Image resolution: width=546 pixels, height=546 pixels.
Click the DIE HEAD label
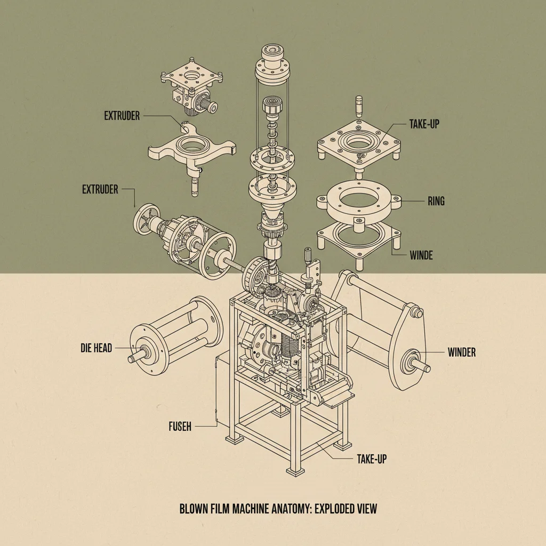(x=96, y=349)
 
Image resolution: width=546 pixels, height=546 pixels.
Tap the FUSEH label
(x=180, y=426)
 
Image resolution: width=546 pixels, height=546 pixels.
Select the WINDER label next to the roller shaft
(x=461, y=352)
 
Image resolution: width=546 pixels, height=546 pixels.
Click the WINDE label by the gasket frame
(x=421, y=255)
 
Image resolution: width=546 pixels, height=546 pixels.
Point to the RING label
(x=436, y=202)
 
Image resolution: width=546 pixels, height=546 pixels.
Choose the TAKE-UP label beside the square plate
(x=424, y=124)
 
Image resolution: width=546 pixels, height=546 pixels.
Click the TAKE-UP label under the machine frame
(x=371, y=459)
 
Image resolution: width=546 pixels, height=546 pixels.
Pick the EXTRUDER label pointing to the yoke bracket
(x=122, y=115)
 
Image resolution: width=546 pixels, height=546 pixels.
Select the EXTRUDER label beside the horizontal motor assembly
(x=100, y=189)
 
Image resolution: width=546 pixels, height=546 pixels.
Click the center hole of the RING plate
(x=357, y=202)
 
